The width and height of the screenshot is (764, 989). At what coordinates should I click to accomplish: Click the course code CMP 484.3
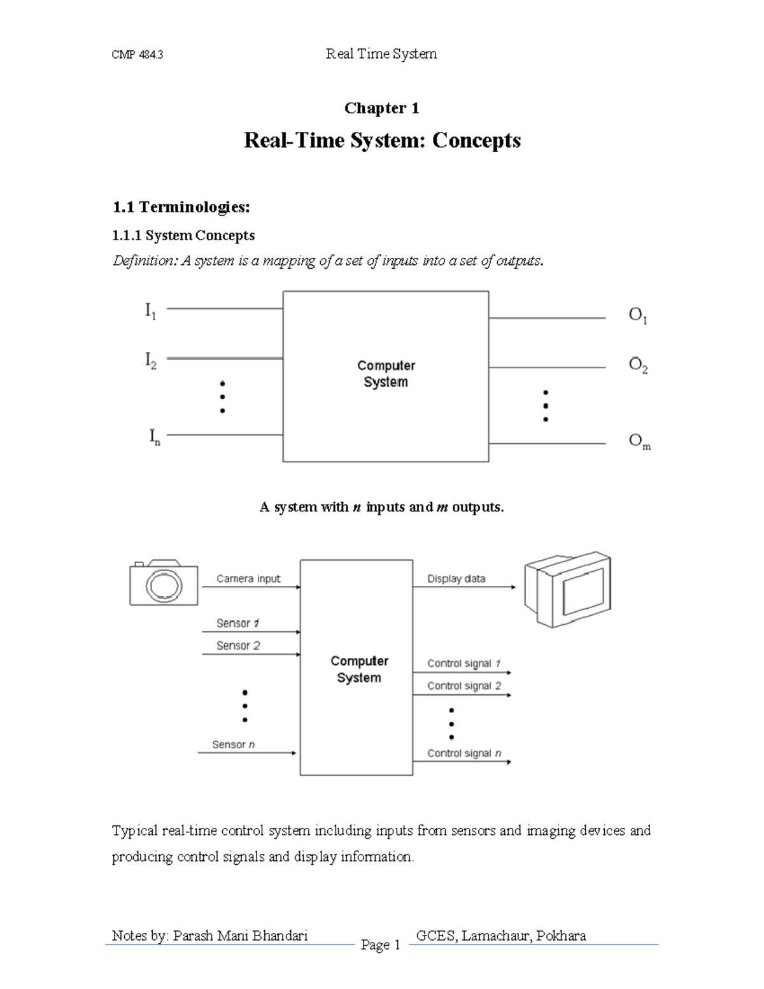[138, 55]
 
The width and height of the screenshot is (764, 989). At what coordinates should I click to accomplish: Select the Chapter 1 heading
[381, 108]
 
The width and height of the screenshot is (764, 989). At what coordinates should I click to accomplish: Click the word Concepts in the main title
[476, 140]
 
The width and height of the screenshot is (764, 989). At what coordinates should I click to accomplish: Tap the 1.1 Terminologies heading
[181, 207]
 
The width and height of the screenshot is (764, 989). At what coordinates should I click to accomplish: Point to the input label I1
[150, 311]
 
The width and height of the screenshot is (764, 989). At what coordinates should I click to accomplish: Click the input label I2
[150, 362]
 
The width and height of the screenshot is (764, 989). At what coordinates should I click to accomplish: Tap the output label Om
[639, 441]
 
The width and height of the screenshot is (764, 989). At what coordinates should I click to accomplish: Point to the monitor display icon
[567, 589]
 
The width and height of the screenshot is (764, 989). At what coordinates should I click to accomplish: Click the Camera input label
[248, 579]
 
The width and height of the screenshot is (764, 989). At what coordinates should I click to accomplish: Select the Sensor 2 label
[238, 646]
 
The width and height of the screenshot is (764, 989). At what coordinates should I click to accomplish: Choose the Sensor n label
[234, 744]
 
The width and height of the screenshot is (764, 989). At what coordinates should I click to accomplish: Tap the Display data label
[456, 579]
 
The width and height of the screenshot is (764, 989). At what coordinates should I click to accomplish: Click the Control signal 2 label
[464, 686]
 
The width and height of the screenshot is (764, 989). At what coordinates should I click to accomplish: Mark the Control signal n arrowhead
[508, 761]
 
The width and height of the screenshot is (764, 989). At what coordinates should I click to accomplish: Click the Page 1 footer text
[380, 945]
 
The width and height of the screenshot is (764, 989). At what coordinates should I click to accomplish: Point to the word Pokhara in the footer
[561, 936]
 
